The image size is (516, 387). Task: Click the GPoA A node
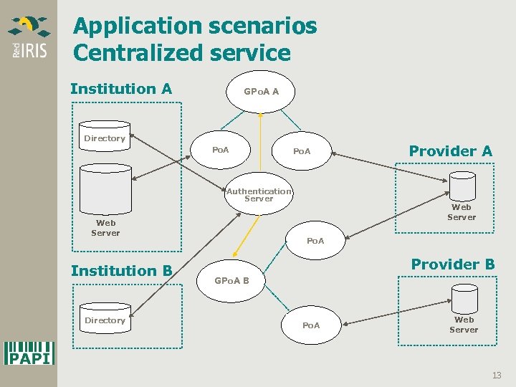tap(261, 92)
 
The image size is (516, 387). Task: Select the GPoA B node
tap(231, 280)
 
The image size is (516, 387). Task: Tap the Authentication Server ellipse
tap(259, 194)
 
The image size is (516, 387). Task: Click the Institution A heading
tap(121, 89)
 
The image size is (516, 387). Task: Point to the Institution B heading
tap(121, 270)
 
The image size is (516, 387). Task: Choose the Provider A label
tap(450, 150)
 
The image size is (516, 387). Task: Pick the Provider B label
tap(452, 264)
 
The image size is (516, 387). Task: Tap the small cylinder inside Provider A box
tap(462, 186)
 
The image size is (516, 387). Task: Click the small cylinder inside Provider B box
tap(464, 297)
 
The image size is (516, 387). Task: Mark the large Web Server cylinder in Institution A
tap(105, 189)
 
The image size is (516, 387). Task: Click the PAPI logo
tap(29, 353)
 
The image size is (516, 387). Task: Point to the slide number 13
tap(497, 376)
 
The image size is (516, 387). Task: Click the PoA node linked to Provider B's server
tap(311, 325)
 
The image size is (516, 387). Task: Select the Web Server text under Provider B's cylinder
tap(464, 325)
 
